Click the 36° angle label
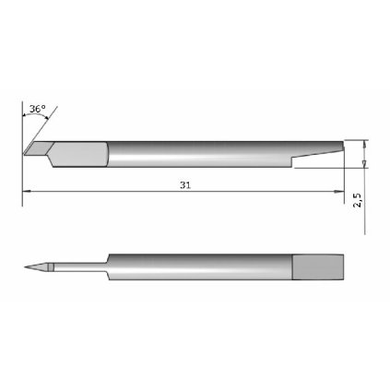(x=37, y=110)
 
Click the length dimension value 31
(x=187, y=185)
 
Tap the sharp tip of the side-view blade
(x=23, y=154)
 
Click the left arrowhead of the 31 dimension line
(x=25, y=192)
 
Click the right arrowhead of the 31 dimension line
(x=336, y=192)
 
